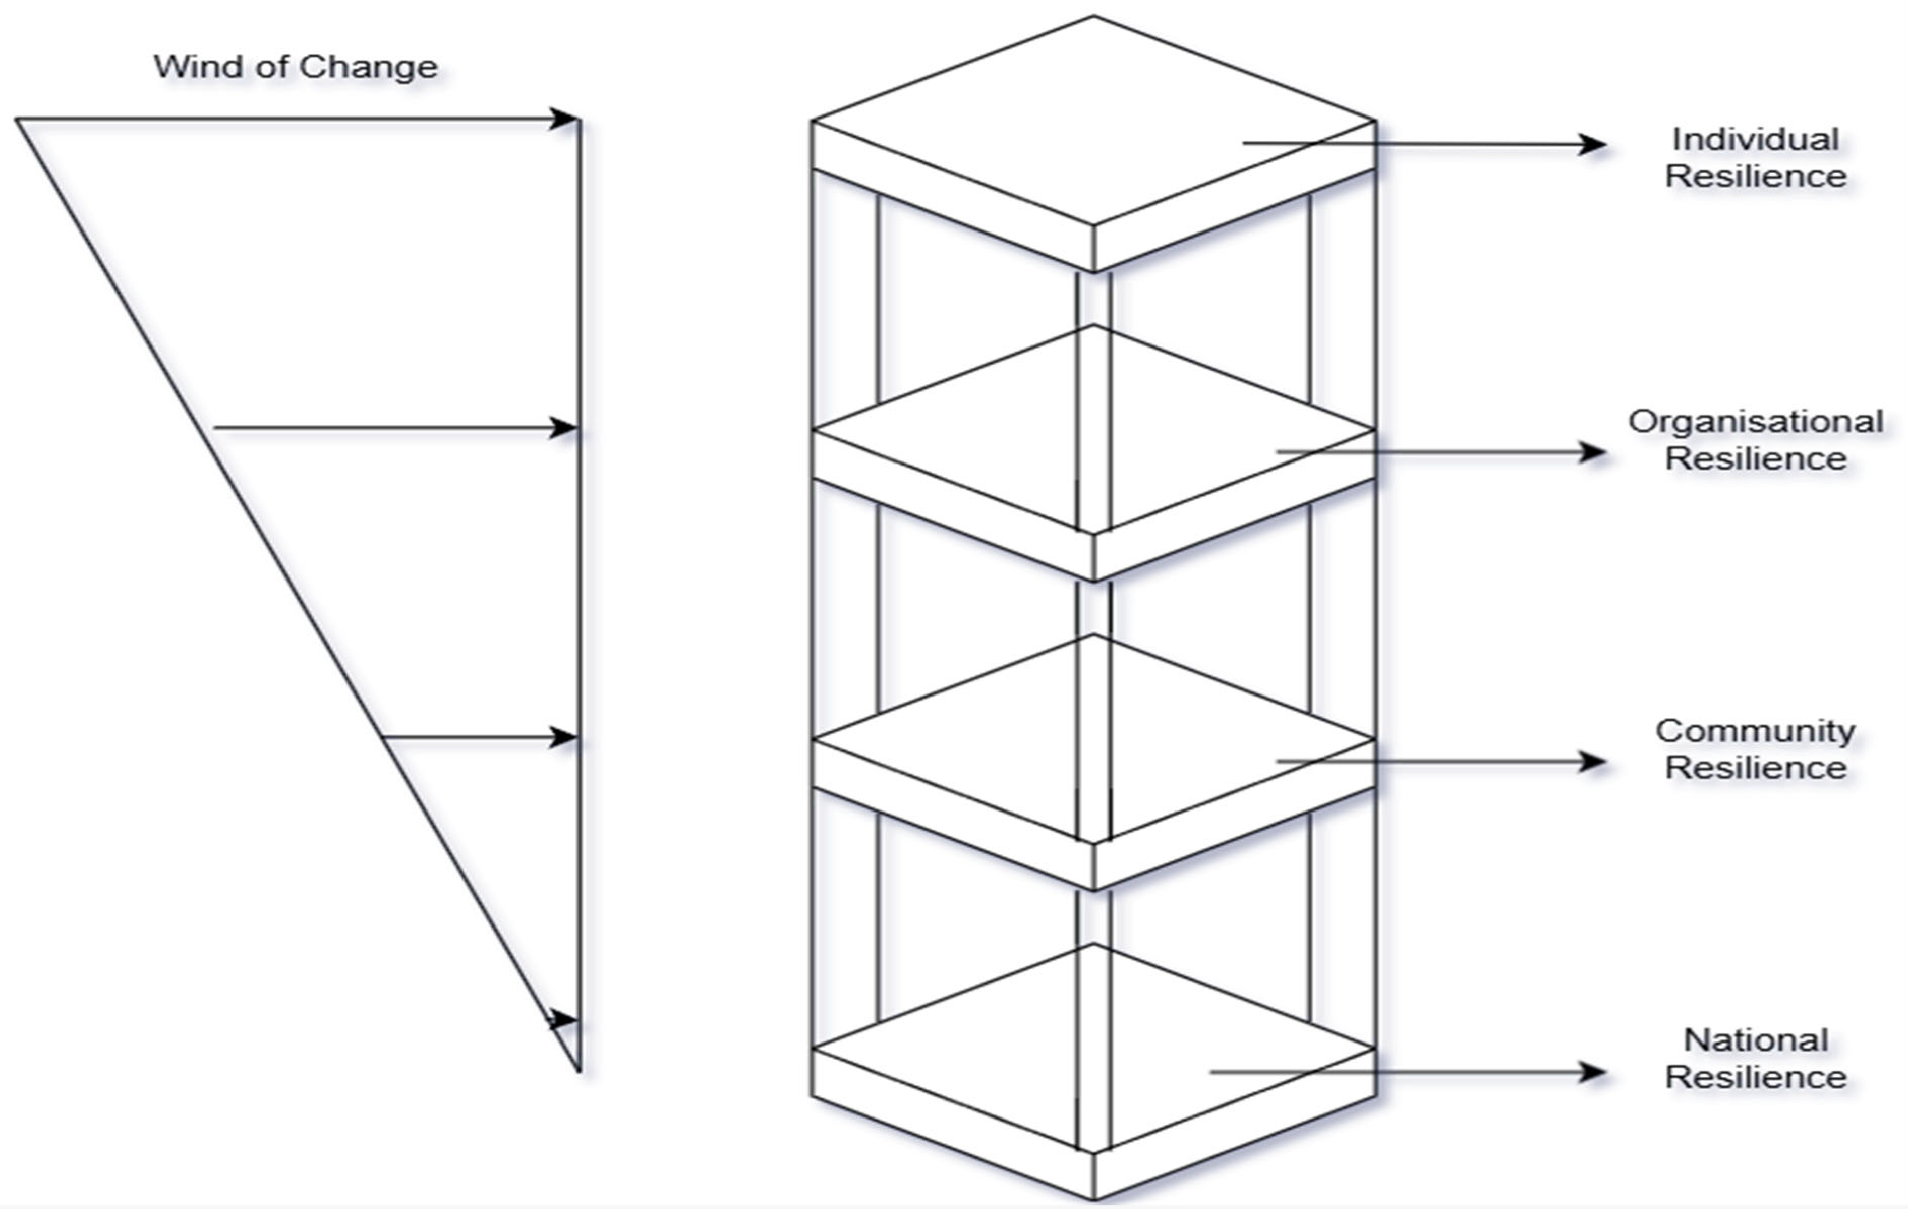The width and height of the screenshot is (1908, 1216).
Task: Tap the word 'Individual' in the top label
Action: (1755, 139)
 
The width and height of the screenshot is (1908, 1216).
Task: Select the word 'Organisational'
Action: (1755, 422)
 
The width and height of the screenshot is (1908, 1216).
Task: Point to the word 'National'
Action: (1755, 1040)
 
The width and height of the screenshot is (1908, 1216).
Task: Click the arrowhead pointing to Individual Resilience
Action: (1593, 144)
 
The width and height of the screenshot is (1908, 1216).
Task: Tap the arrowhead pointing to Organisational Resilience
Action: (1593, 452)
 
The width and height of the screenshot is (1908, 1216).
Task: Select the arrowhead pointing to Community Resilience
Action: (1593, 762)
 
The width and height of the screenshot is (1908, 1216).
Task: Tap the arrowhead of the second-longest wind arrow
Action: (565, 429)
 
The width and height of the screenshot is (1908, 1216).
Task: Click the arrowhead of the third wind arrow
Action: (565, 737)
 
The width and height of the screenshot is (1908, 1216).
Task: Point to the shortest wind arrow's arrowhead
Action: (565, 1019)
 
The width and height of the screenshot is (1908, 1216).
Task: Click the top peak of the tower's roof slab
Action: (1093, 17)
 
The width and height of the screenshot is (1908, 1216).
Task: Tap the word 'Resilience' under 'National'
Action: (1755, 1077)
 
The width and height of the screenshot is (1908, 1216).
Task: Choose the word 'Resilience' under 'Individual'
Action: (1755, 177)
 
